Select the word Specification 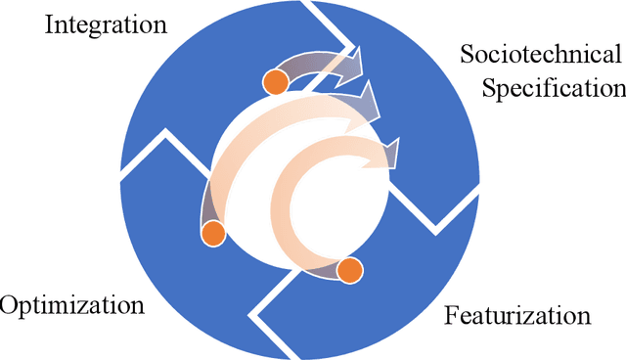coord(555,89)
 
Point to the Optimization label coord(72,305)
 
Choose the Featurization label coord(517,316)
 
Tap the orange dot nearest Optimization coord(212,233)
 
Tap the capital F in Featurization coord(452,316)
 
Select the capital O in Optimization coord(9,305)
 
